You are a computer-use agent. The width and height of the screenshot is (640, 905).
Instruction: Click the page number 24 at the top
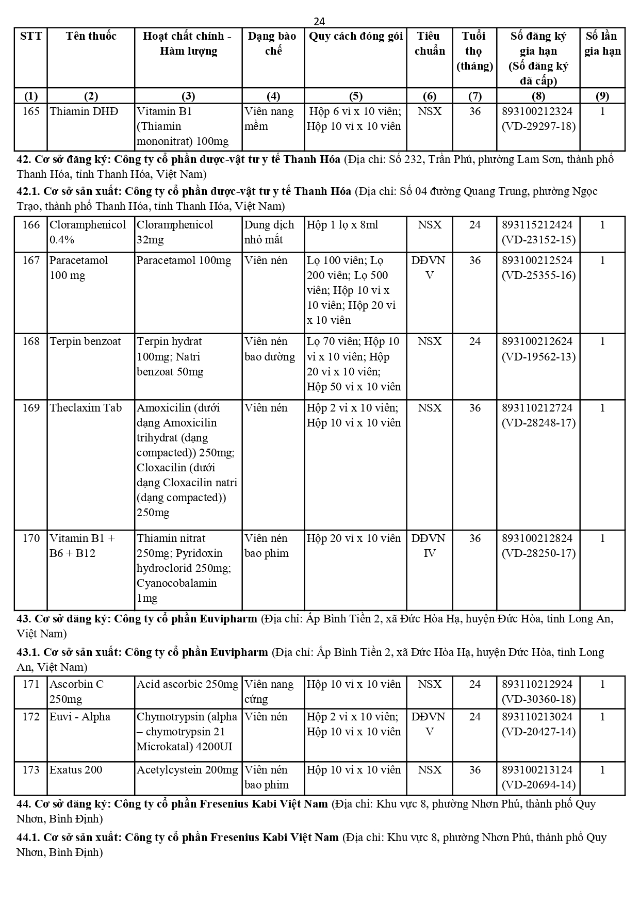(x=319, y=21)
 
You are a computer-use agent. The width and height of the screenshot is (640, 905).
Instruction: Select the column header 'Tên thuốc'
(x=91, y=36)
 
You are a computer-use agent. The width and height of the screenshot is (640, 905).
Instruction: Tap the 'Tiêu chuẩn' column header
(x=429, y=43)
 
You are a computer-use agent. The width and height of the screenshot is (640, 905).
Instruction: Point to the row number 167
(x=31, y=260)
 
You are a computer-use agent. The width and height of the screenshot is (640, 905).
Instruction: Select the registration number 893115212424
(x=537, y=225)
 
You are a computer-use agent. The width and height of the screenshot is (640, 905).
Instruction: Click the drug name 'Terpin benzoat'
(x=85, y=341)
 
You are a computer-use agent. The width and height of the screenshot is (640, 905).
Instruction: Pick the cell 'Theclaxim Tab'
(x=86, y=408)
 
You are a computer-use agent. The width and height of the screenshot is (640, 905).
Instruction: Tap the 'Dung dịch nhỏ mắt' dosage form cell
(x=269, y=232)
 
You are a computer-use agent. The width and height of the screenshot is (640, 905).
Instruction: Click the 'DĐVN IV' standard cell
(x=429, y=546)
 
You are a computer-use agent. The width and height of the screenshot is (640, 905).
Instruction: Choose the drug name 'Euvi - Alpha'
(x=80, y=717)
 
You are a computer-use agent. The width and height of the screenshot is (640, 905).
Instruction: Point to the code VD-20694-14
(x=538, y=785)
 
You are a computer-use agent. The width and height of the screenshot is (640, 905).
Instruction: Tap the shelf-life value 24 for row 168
(x=474, y=341)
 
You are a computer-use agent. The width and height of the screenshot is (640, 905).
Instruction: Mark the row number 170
(x=31, y=538)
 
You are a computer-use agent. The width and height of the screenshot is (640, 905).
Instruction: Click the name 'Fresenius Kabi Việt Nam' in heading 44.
(x=269, y=803)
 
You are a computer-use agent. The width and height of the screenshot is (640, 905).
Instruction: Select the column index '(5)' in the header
(x=355, y=96)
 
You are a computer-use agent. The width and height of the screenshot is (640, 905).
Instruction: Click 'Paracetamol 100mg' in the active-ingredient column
(x=184, y=260)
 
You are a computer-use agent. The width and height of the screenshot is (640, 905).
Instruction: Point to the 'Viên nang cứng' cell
(x=269, y=692)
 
